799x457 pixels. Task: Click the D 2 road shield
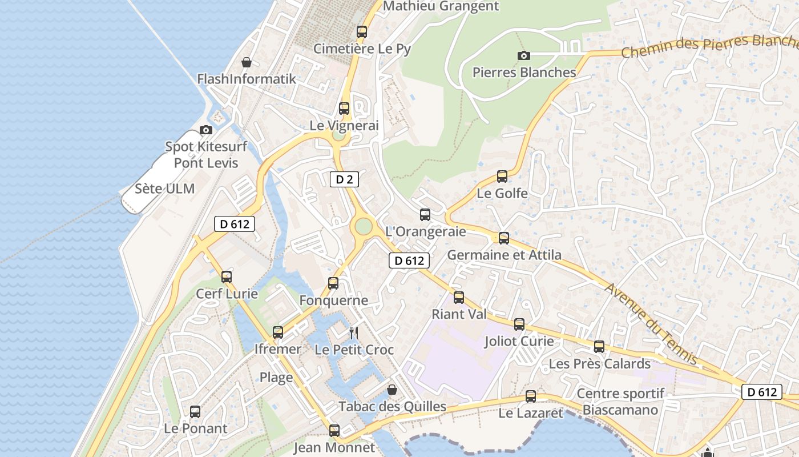344,179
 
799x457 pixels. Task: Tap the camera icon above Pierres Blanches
523,55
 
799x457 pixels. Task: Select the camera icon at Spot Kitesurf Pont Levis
206,130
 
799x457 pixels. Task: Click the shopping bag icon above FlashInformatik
247,62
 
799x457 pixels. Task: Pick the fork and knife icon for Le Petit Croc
354,332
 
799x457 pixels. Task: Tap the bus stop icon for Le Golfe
502,177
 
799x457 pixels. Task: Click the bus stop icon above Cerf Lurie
227,277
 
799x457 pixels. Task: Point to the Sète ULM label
165,189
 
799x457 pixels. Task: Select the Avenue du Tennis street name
652,323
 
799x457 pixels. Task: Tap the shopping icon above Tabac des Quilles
392,390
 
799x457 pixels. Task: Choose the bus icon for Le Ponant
195,411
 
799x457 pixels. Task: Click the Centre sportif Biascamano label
620,402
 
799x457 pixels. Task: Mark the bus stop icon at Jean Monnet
334,430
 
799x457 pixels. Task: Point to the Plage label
276,377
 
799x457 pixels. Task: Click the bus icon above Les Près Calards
599,347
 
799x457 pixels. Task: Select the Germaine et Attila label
504,255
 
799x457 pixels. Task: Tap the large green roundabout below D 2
363,227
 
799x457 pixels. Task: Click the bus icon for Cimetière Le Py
362,32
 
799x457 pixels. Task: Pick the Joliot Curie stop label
519,341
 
